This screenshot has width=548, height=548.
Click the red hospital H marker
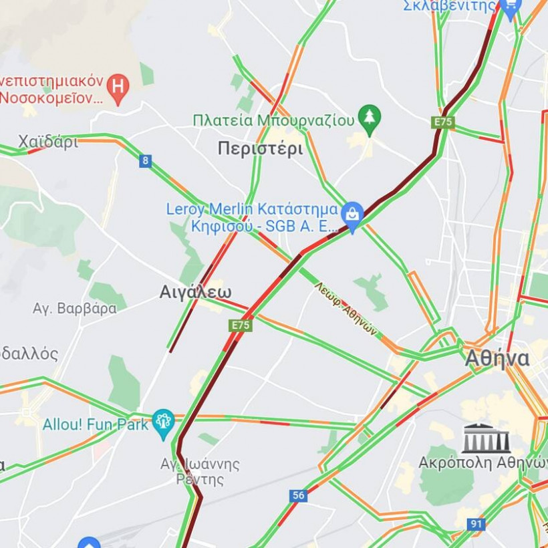pos(118,88)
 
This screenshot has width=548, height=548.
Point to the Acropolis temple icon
pos(486,438)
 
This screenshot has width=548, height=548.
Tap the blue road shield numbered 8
pos(146,160)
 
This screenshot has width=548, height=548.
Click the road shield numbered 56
pos(298,495)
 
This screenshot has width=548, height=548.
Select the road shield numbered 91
pos(475,524)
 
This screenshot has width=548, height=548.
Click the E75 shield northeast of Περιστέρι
pos(443,122)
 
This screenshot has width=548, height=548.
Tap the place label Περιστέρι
pos(260,148)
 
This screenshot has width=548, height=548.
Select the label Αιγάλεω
pos(195,292)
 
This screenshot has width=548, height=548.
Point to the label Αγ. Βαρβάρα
pos(75,308)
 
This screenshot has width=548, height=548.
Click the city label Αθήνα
pos(497,359)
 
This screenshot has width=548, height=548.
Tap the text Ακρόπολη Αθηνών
pos(483,462)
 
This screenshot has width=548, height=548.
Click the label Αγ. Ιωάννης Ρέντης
pos(199,470)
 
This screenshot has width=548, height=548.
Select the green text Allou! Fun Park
pos(95,424)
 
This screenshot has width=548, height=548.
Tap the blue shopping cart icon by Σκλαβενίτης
pos(511,8)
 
